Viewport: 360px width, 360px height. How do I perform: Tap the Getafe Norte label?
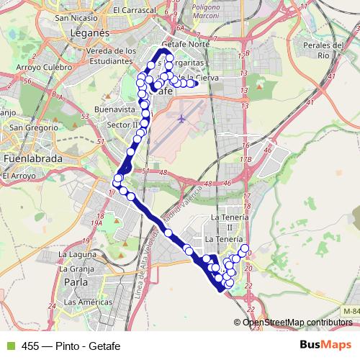(x=185, y=44)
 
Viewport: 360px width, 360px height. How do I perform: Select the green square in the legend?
(x=9, y=344)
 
